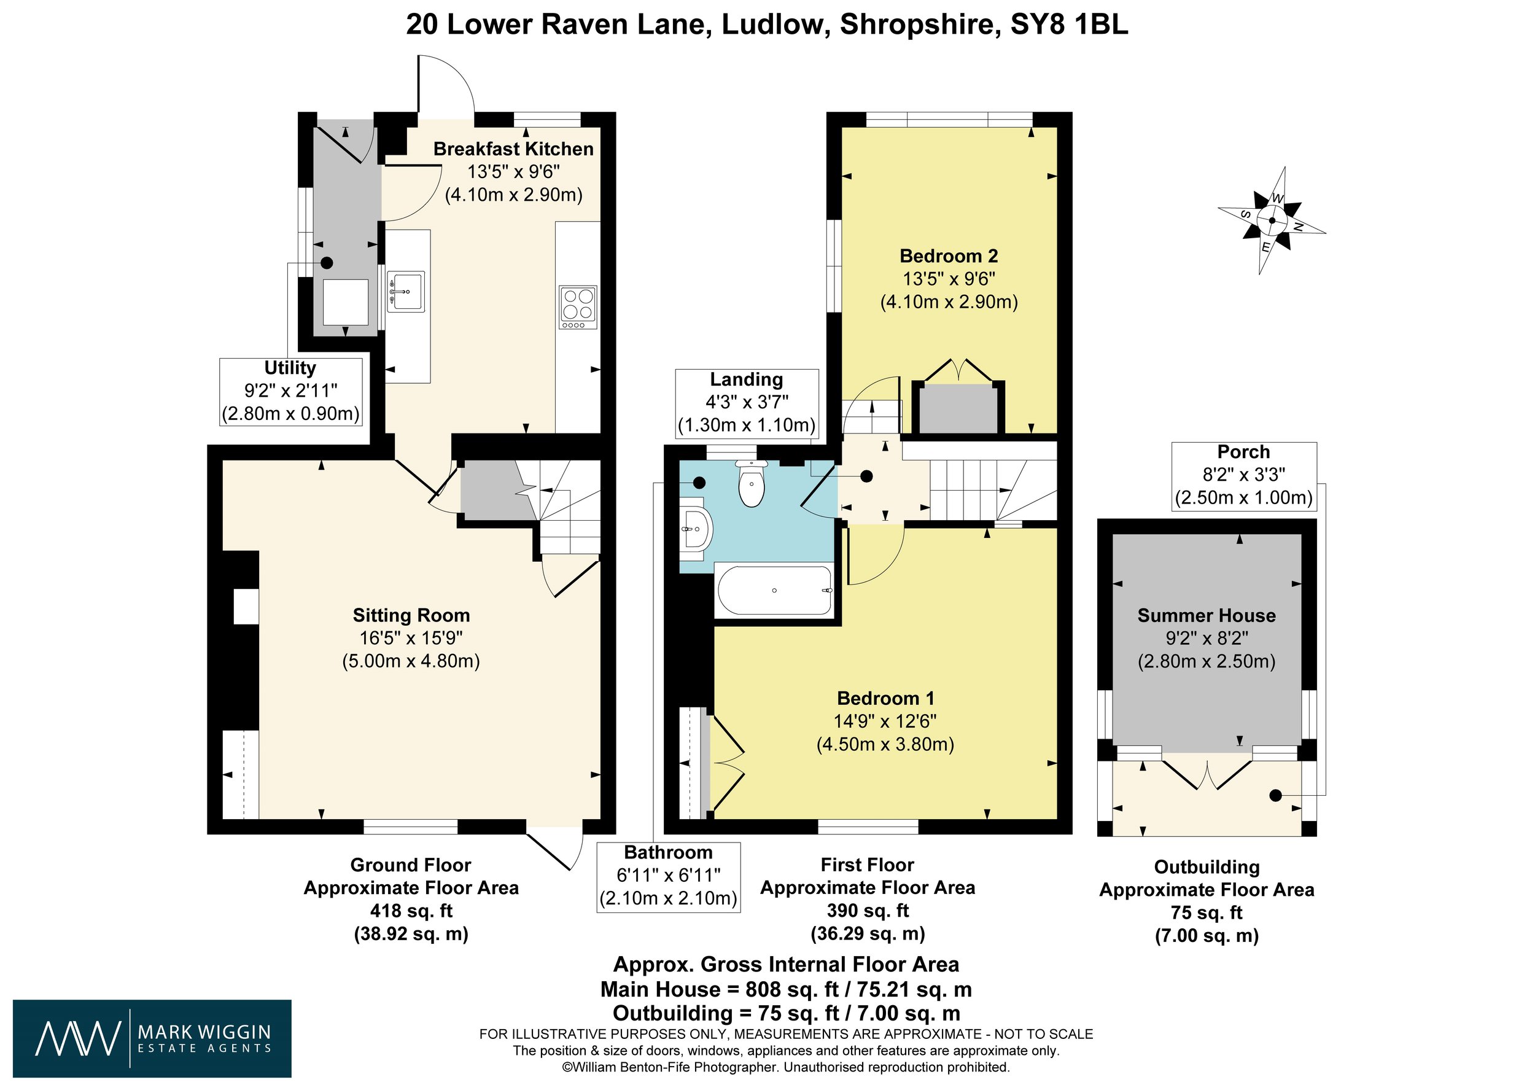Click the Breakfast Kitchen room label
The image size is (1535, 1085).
pyautogui.click(x=513, y=149)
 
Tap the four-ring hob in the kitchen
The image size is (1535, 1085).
pyautogui.click(x=578, y=308)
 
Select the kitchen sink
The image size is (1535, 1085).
pyautogui.click(x=406, y=292)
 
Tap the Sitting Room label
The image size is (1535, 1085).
pyautogui.click(x=411, y=616)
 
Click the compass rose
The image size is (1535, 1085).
pyautogui.click(x=1272, y=220)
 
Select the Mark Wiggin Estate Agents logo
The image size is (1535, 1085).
pyautogui.click(x=152, y=1038)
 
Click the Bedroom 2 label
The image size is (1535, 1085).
pyautogui.click(x=949, y=256)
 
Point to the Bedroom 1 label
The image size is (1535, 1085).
pyautogui.click(x=886, y=699)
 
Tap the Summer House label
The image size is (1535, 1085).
pyautogui.click(x=1207, y=616)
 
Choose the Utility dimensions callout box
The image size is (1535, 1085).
pyautogui.click(x=291, y=392)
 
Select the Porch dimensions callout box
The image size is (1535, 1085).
pyautogui.click(x=1243, y=476)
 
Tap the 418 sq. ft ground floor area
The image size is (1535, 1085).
pyautogui.click(x=411, y=911)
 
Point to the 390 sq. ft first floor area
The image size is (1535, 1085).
pyautogui.click(x=868, y=911)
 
